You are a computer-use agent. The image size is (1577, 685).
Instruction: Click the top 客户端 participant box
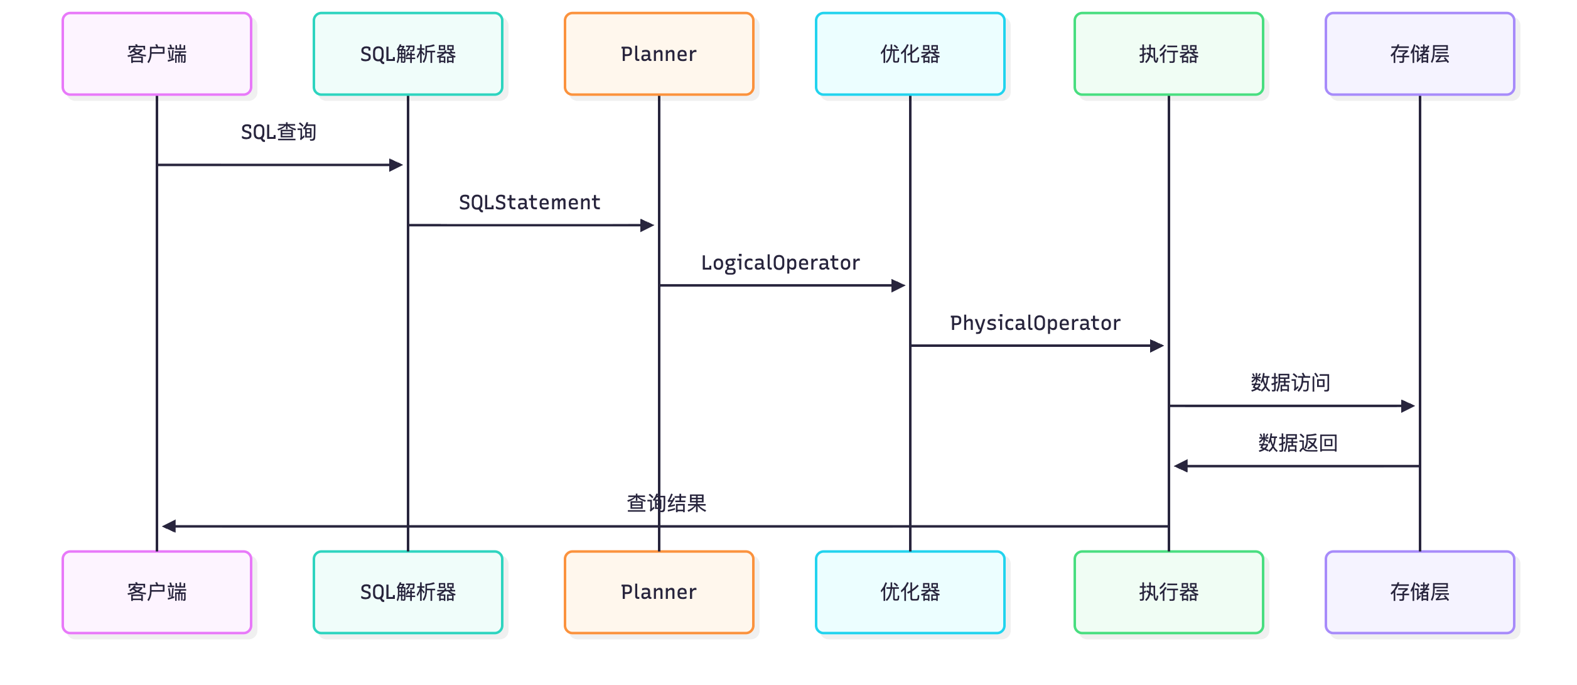click(157, 54)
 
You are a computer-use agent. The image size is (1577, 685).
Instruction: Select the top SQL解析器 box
click(408, 54)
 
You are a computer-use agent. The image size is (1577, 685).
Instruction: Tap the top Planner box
click(659, 54)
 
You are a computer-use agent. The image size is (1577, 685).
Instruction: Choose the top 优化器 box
click(910, 54)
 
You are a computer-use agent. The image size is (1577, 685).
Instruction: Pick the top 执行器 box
click(1168, 54)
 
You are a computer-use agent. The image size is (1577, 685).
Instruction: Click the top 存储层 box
click(1419, 54)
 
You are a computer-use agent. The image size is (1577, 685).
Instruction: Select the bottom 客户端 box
click(157, 592)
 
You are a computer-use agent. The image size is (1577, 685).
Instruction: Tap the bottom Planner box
click(659, 592)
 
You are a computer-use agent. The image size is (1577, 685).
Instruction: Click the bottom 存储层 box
click(1419, 592)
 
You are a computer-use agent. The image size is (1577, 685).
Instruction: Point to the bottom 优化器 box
click(910, 592)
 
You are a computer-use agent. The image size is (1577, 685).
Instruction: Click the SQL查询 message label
click(279, 132)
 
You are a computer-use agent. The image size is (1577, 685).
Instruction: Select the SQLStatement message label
click(529, 202)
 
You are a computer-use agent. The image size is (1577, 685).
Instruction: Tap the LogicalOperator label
click(780, 263)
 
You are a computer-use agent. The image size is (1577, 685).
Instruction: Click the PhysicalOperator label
click(1035, 323)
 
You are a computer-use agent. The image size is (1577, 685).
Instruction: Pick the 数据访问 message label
click(1290, 383)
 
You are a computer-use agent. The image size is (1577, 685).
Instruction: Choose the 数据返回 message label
click(1298, 443)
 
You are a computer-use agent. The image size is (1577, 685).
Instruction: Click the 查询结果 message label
click(666, 503)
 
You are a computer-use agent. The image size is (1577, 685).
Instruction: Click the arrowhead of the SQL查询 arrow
click(397, 165)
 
